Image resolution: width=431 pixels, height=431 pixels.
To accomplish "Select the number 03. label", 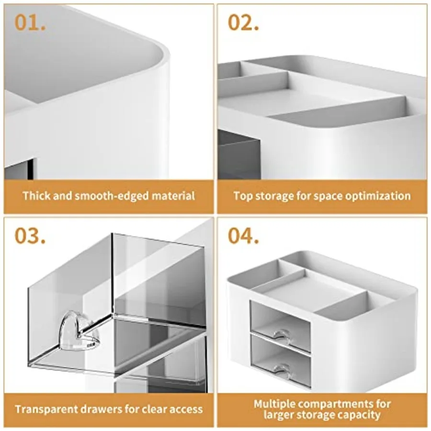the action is click(x=30, y=236).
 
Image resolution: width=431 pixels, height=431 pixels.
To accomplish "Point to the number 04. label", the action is click(x=244, y=236).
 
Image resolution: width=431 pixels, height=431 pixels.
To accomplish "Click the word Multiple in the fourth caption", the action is click(x=274, y=404).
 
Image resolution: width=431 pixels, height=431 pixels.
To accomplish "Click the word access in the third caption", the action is click(x=186, y=409).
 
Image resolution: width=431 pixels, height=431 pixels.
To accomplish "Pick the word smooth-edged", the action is click(x=112, y=196).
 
